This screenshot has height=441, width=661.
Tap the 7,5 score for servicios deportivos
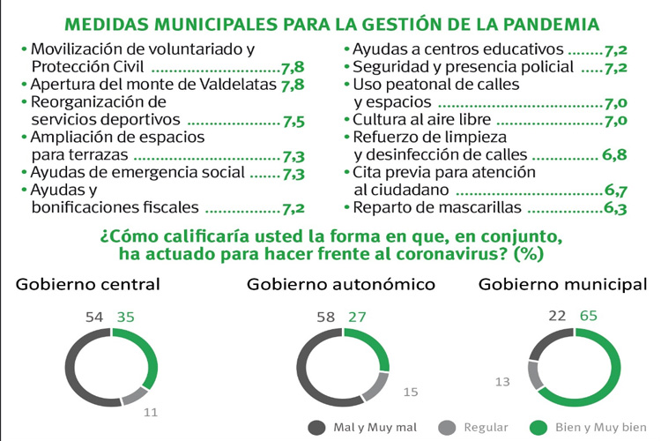click(293, 122)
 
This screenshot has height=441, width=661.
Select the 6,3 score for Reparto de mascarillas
click(615, 209)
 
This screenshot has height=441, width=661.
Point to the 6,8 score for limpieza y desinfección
click(614, 154)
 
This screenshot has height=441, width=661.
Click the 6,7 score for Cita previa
click(615, 191)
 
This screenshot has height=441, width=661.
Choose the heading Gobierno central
click(88, 284)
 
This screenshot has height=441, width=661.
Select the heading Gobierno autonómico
click(341, 284)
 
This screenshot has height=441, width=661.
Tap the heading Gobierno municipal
click(562, 284)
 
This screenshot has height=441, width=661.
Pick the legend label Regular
click(485, 428)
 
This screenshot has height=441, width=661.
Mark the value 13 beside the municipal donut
click(503, 382)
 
